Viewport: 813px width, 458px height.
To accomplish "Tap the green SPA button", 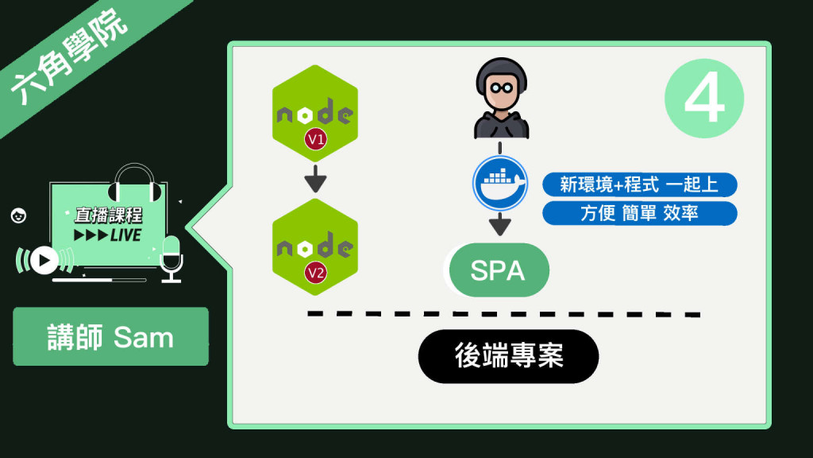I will pos(498,271).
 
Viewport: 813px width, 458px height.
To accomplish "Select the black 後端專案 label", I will pos(508,356).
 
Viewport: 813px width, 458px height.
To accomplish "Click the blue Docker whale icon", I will pos(499,184).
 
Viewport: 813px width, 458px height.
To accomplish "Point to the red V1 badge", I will pos(316,141).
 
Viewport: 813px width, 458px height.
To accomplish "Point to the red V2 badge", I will pos(316,274).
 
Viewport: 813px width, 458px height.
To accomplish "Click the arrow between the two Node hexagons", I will pos(316,179).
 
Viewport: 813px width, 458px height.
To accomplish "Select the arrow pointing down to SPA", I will pos(499,224).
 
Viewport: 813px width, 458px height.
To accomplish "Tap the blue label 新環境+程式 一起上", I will pos(639,185).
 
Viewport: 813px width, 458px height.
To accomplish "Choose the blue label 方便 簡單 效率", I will pos(639,213).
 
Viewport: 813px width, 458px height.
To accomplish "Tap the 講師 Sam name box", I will pos(110,337).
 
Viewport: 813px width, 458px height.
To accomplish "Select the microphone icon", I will pos(171,257).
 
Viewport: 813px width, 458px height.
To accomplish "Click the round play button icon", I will pos(44,260).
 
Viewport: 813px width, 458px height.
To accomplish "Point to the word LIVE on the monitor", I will pos(125,235).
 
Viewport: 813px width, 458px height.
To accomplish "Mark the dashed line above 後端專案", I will pos(504,313).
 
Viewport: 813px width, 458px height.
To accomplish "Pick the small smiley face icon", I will pos(17,215).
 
